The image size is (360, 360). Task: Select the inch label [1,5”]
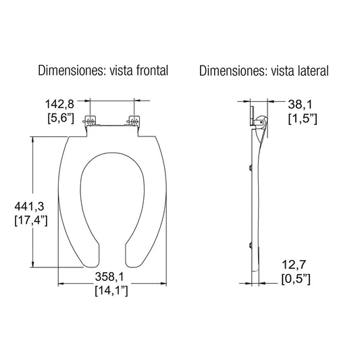302,120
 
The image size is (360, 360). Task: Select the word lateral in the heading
310,71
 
